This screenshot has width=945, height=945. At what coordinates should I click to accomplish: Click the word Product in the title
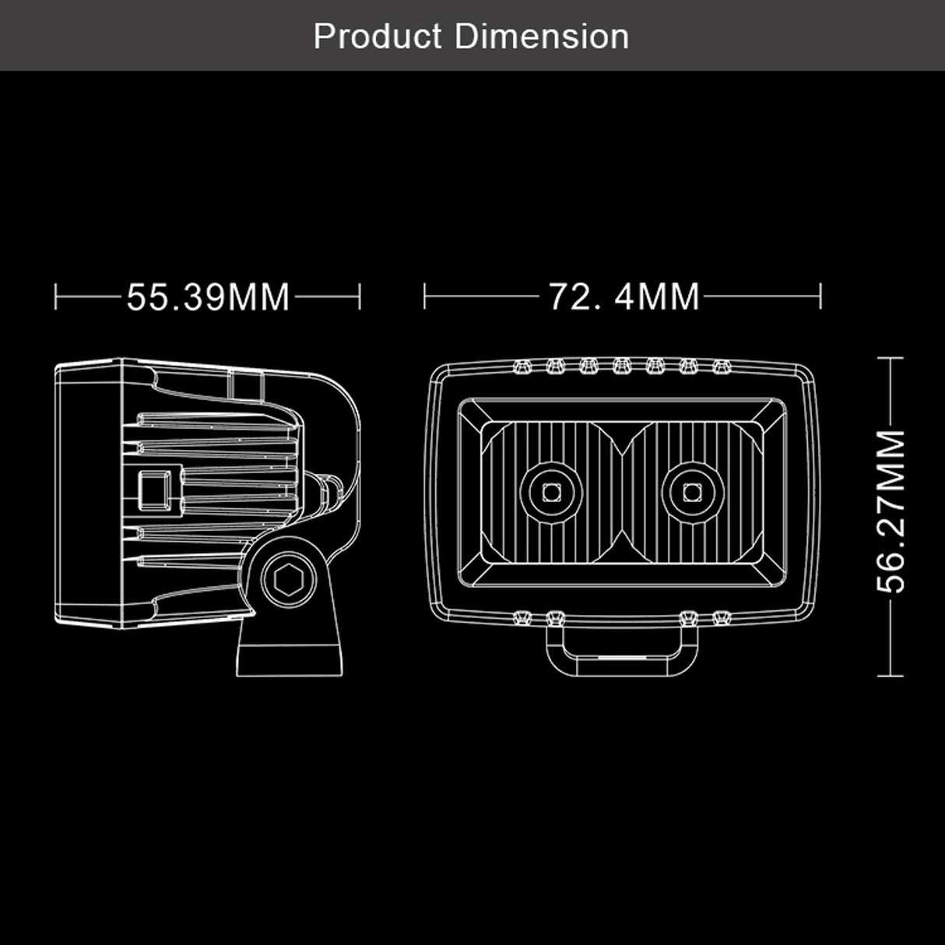tap(378, 37)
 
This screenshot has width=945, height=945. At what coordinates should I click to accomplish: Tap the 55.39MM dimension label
tap(208, 297)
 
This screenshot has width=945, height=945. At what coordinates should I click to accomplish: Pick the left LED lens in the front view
tap(551, 491)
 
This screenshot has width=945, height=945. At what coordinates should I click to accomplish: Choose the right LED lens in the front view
tap(690, 491)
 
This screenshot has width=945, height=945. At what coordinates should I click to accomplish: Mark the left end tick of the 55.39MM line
tap(56, 297)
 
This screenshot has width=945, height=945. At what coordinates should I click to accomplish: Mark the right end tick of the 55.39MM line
tap(360, 297)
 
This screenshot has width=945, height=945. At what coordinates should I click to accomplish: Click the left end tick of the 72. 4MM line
tap(425, 297)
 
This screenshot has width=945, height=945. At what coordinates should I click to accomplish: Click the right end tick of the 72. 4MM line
tap(821, 297)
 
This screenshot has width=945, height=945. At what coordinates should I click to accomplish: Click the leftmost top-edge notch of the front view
tap(522, 364)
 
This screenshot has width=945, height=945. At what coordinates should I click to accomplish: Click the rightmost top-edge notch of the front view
tap(721, 364)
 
